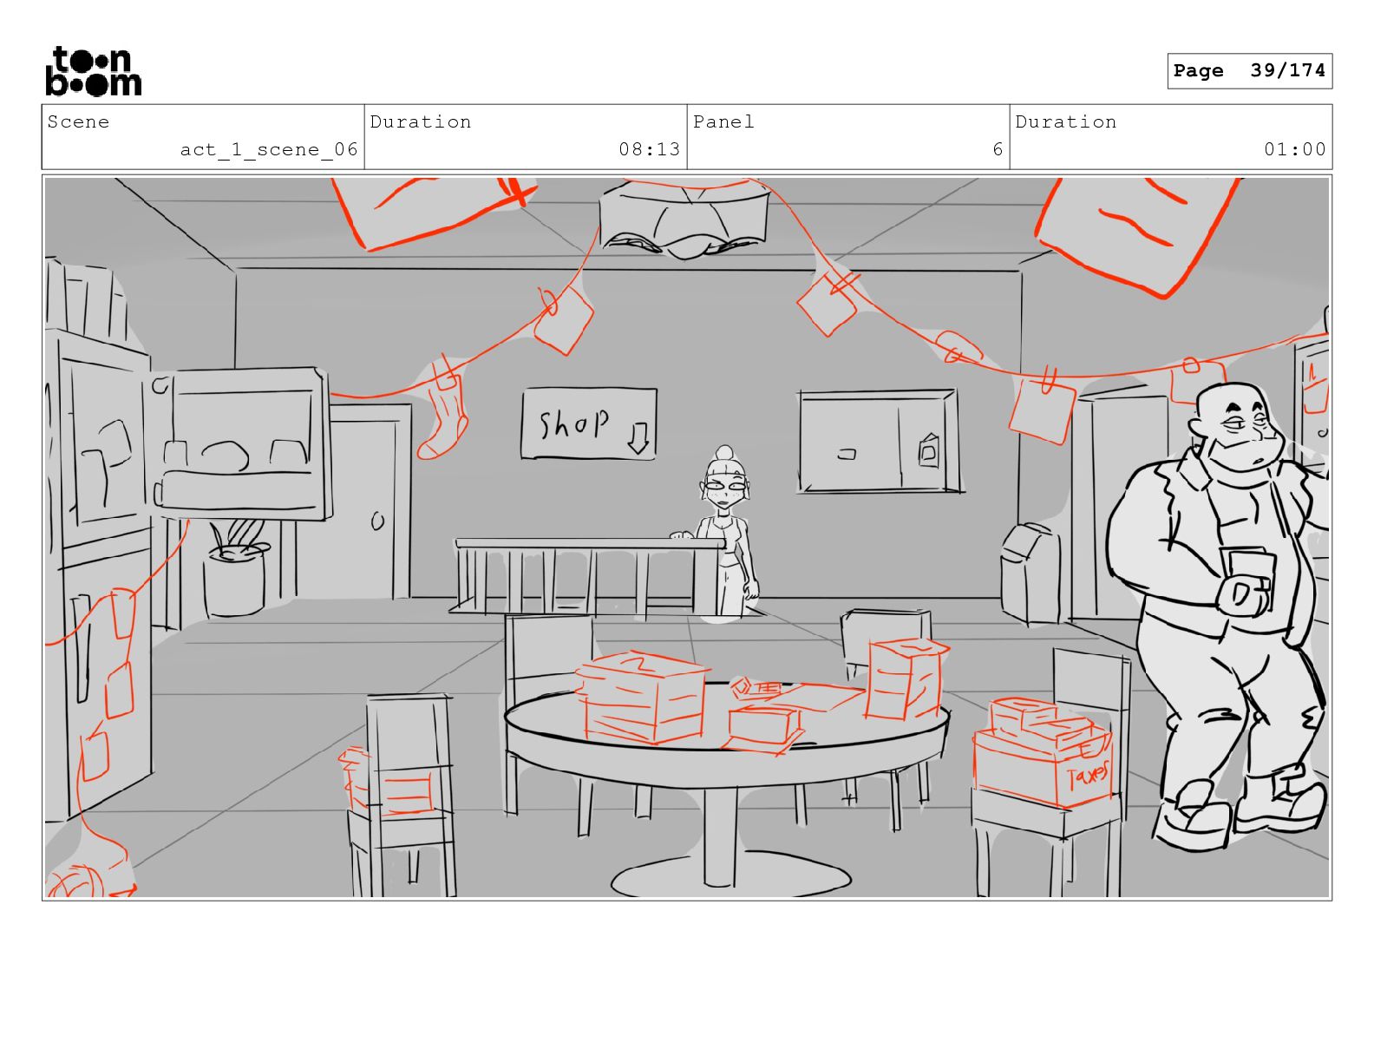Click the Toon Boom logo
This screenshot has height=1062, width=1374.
(94, 71)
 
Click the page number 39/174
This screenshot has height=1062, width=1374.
(1287, 70)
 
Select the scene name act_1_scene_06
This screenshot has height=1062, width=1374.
(269, 150)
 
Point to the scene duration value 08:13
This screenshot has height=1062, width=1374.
(650, 149)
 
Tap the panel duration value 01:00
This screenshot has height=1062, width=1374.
(1294, 149)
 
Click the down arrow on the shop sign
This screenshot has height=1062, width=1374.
(638, 437)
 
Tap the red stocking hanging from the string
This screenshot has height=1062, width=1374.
(443, 412)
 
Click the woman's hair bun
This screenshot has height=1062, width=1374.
(724, 454)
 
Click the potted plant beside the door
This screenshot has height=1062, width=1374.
(234, 567)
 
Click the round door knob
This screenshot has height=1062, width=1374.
(377, 521)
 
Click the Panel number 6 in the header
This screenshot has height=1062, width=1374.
(998, 150)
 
